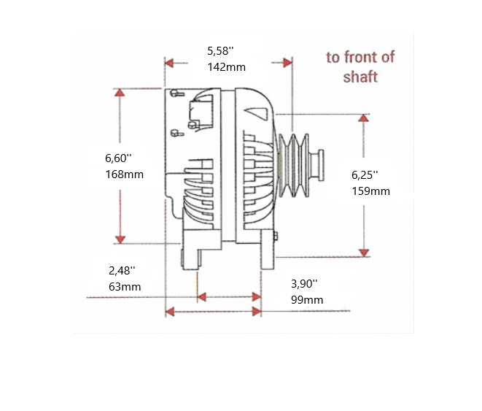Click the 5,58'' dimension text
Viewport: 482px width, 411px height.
click(x=219, y=51)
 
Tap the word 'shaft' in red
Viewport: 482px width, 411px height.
click(x=360, y=77)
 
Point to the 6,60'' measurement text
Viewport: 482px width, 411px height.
click(x=117, y=158)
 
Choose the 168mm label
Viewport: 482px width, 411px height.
click(x=124, y=174)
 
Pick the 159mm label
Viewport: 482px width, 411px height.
click(x=370, y=191)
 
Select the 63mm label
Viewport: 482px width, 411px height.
click(x=124, y=286)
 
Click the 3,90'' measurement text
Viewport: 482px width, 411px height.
click(x=304, y=283)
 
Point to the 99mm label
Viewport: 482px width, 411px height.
click(x=307, y=299)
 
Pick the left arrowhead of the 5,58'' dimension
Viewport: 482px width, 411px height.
click(x=169, y=63)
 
